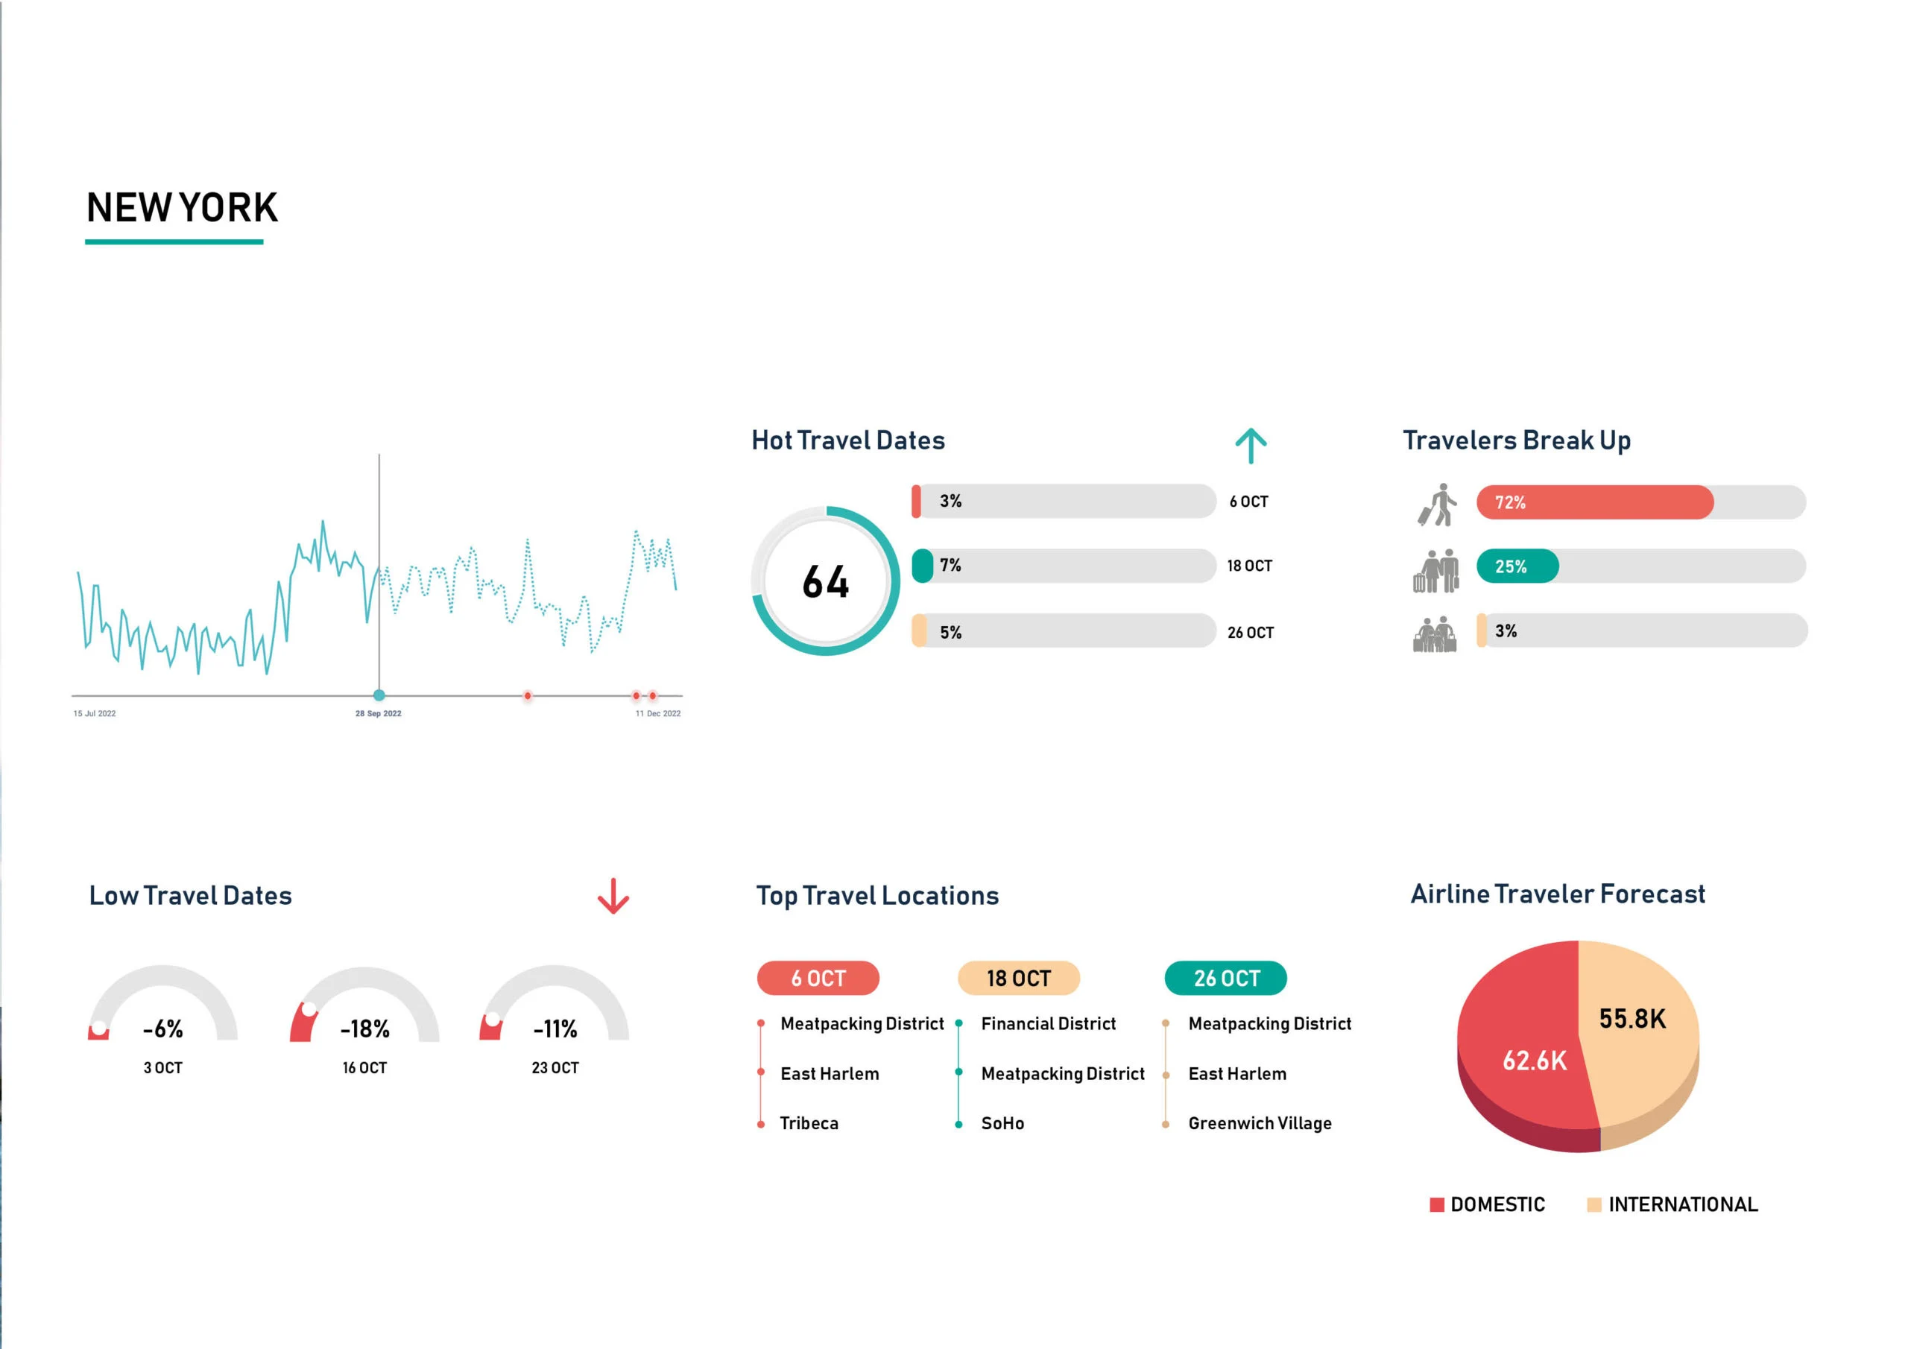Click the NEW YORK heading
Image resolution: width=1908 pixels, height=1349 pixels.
pos(182,208)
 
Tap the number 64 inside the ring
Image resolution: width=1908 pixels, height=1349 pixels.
pos(825,582)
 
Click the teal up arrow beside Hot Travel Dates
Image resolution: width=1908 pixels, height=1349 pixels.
pos(1250,446)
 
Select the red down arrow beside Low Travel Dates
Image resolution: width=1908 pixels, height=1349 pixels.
pos(613,896)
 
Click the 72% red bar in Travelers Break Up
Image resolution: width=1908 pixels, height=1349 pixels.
pos(1594,502)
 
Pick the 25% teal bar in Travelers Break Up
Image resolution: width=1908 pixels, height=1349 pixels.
pos(1517,566)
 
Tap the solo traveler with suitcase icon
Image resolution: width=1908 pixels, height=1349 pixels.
pos(1437,505)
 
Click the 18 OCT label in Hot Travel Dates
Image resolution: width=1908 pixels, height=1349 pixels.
pos(1249,566)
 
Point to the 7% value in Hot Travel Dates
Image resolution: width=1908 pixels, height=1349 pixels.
pos(950,565)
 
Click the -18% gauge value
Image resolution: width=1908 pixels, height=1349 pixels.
pos(364,1029)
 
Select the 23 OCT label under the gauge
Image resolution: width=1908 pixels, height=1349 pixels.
pos(555,1068)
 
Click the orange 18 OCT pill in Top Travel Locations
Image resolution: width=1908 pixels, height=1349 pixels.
pos(1018,979)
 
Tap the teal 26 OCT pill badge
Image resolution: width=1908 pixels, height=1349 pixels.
pos(1226,979)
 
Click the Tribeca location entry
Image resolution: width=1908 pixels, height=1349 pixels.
pos(809,1124)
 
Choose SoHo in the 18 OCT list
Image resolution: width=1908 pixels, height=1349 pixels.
pos(1002,1124)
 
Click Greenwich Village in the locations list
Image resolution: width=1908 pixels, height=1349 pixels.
pos(1259,1124)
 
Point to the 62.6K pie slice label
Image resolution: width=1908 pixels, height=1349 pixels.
pos(1534,1061)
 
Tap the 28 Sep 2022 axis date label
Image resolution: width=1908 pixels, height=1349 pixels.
pos(378,713)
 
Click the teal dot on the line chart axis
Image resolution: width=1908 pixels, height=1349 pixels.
pos(379,695)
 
